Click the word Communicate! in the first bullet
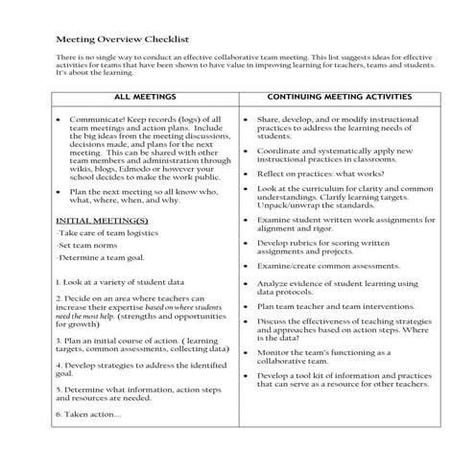pyautogui.click(x=104, y=119)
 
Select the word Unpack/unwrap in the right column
pyautogui.click(x=287, y=204)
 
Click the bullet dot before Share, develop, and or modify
pyautogui.click(x=248, y=119)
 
